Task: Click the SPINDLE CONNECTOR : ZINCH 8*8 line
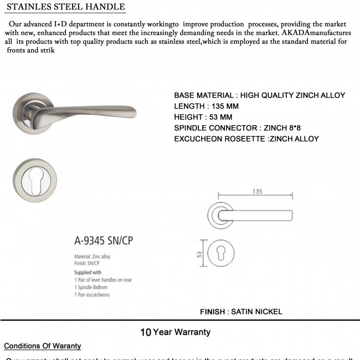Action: point(239,128)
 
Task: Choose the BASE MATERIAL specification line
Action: point(259,95)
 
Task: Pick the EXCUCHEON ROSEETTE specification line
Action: point(246,139)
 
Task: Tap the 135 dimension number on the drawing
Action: point(256,191)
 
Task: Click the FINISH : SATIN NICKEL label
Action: point(241,312)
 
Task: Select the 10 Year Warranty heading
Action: point(175,332)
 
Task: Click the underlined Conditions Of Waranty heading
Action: point(43,346)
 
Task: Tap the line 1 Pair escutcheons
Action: point(91,295)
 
